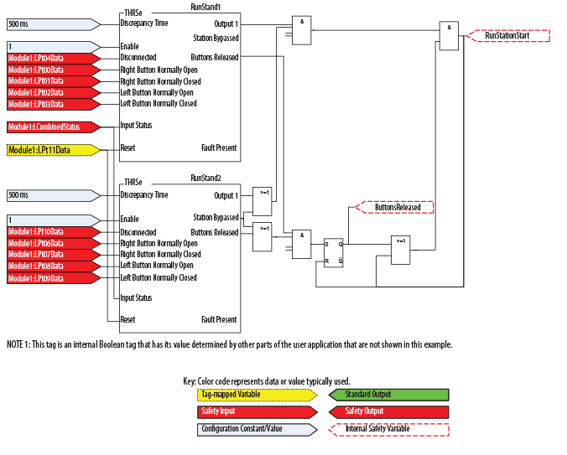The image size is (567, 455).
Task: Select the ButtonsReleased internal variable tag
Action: (x=396, y=206)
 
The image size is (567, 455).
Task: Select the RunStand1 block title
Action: (x=205, y=6)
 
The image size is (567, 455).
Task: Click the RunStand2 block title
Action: (x=205, y=178)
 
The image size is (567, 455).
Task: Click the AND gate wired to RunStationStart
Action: (x=449, y=35)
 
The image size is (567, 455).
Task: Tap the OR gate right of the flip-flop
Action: (x=403, y=250)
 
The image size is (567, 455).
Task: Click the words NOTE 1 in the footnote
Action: (x=18, y=345)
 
